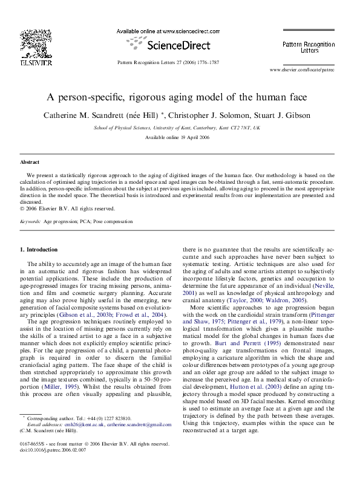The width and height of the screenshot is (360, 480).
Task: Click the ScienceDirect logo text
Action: coord(169,44)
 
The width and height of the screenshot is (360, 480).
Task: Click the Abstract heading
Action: coord(30,163)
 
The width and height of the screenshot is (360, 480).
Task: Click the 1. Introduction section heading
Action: coord(39,249)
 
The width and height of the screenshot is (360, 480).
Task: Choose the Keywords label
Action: coord(30,222)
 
